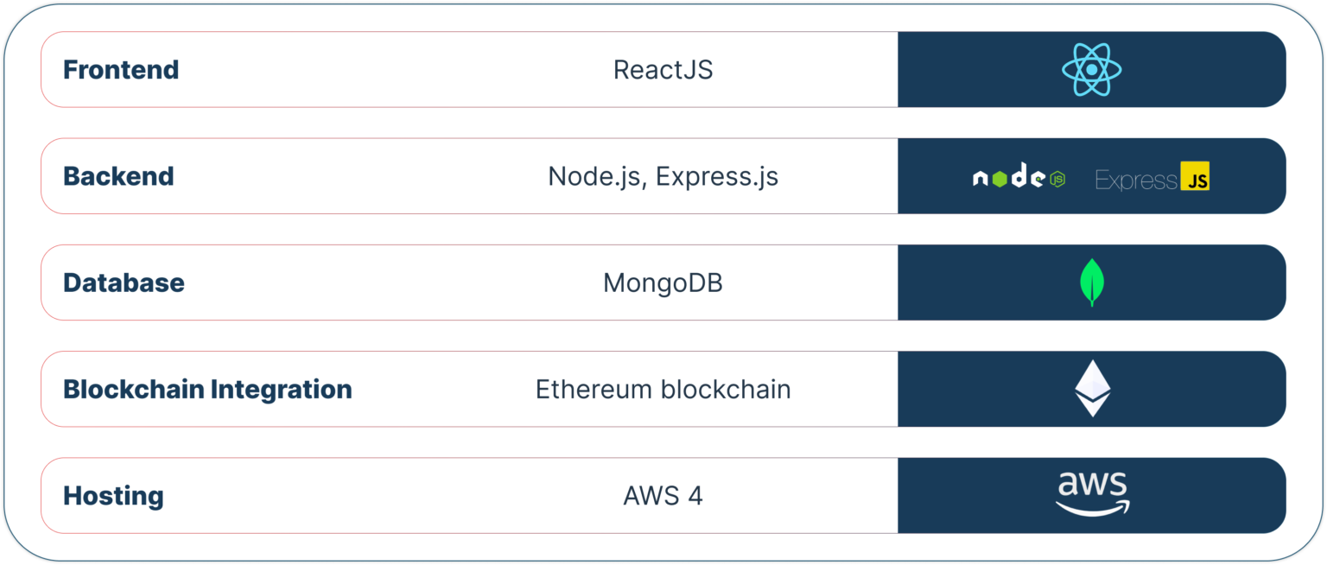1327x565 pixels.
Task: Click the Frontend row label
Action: [121, 70]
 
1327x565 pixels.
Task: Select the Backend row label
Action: [118, 176]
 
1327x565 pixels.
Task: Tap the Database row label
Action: [124, 283]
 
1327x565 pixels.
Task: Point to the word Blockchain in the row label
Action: [134, 390]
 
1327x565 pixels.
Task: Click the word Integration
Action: [282, 390]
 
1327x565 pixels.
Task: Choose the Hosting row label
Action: [113, 496]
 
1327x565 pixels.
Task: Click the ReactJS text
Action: [663, 70]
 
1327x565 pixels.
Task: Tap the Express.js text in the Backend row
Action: [717, 177]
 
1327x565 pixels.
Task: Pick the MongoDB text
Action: [663, 283]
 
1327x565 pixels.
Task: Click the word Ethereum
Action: [594, 390]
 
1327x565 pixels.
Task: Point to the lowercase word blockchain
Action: [726, 390]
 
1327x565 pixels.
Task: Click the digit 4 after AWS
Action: [695, 496]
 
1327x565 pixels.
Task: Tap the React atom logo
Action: [1092, 70]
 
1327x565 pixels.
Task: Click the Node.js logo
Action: [1019, 176]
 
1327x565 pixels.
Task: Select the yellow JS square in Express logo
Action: [1195, 176]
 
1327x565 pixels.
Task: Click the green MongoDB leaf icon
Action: [1092, 282]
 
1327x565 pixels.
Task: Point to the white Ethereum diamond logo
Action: [1092, 389]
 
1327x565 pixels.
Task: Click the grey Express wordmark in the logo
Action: [1136, 180]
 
